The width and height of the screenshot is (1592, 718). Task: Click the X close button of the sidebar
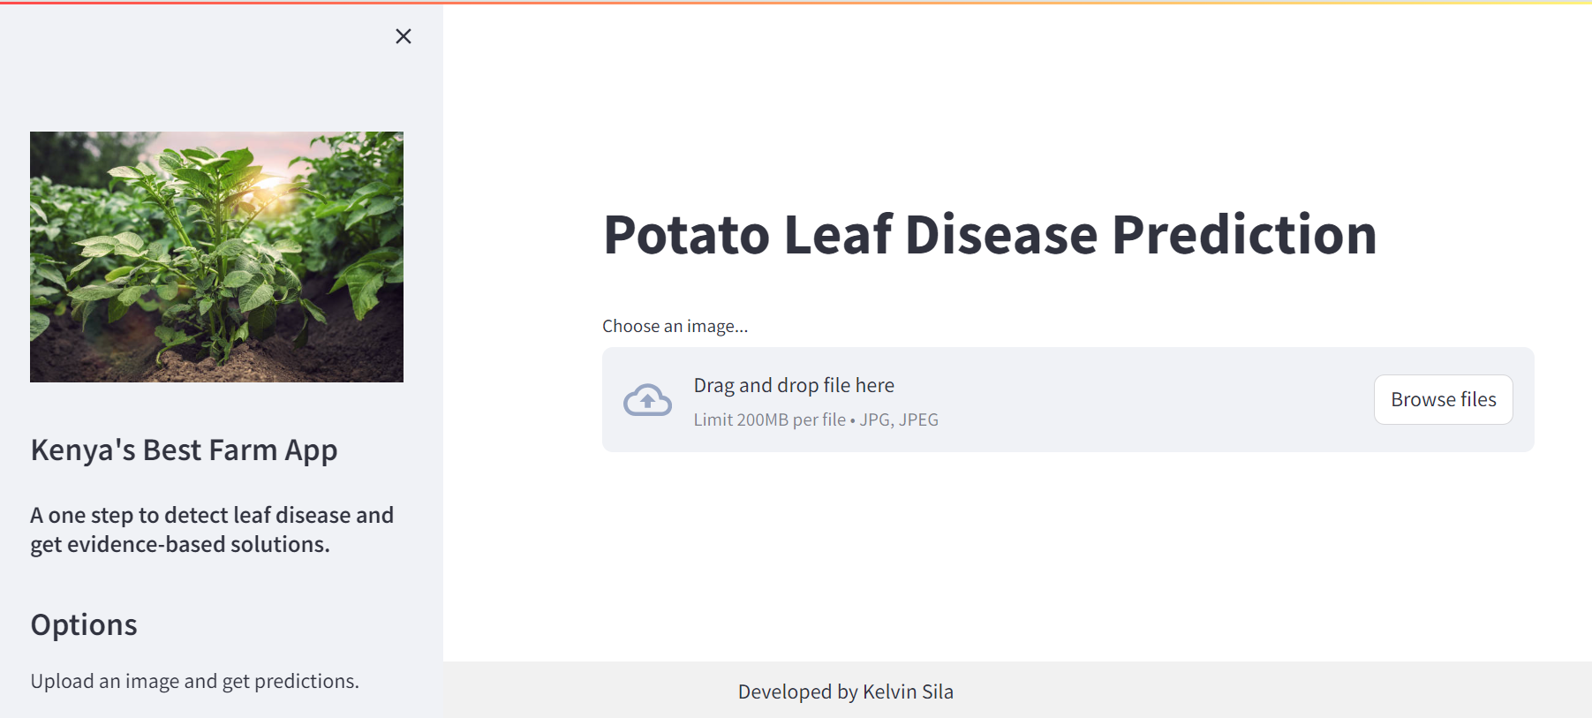coord(404,36)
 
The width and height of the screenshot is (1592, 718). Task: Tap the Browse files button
coord(1443,399)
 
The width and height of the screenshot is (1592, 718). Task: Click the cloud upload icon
coord(647,400)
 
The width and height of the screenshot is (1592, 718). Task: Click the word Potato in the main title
coord(687,235)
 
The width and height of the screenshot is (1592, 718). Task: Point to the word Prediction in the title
coord(1244,235)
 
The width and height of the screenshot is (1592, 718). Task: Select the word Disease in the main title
coord(1001,235)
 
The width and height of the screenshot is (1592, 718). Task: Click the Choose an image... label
coord(675,326)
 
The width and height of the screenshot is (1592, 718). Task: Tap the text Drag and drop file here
coord(794,385)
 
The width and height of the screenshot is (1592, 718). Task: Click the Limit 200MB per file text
coord(769,419)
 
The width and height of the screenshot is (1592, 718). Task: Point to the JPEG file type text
coord(918,419)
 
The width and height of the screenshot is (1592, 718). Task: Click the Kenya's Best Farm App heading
coord(184,450)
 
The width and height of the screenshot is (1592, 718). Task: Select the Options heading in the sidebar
coord(84,625)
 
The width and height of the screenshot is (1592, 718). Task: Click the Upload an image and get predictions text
coord(194,681)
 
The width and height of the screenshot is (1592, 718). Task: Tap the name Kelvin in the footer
coord(889,692)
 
